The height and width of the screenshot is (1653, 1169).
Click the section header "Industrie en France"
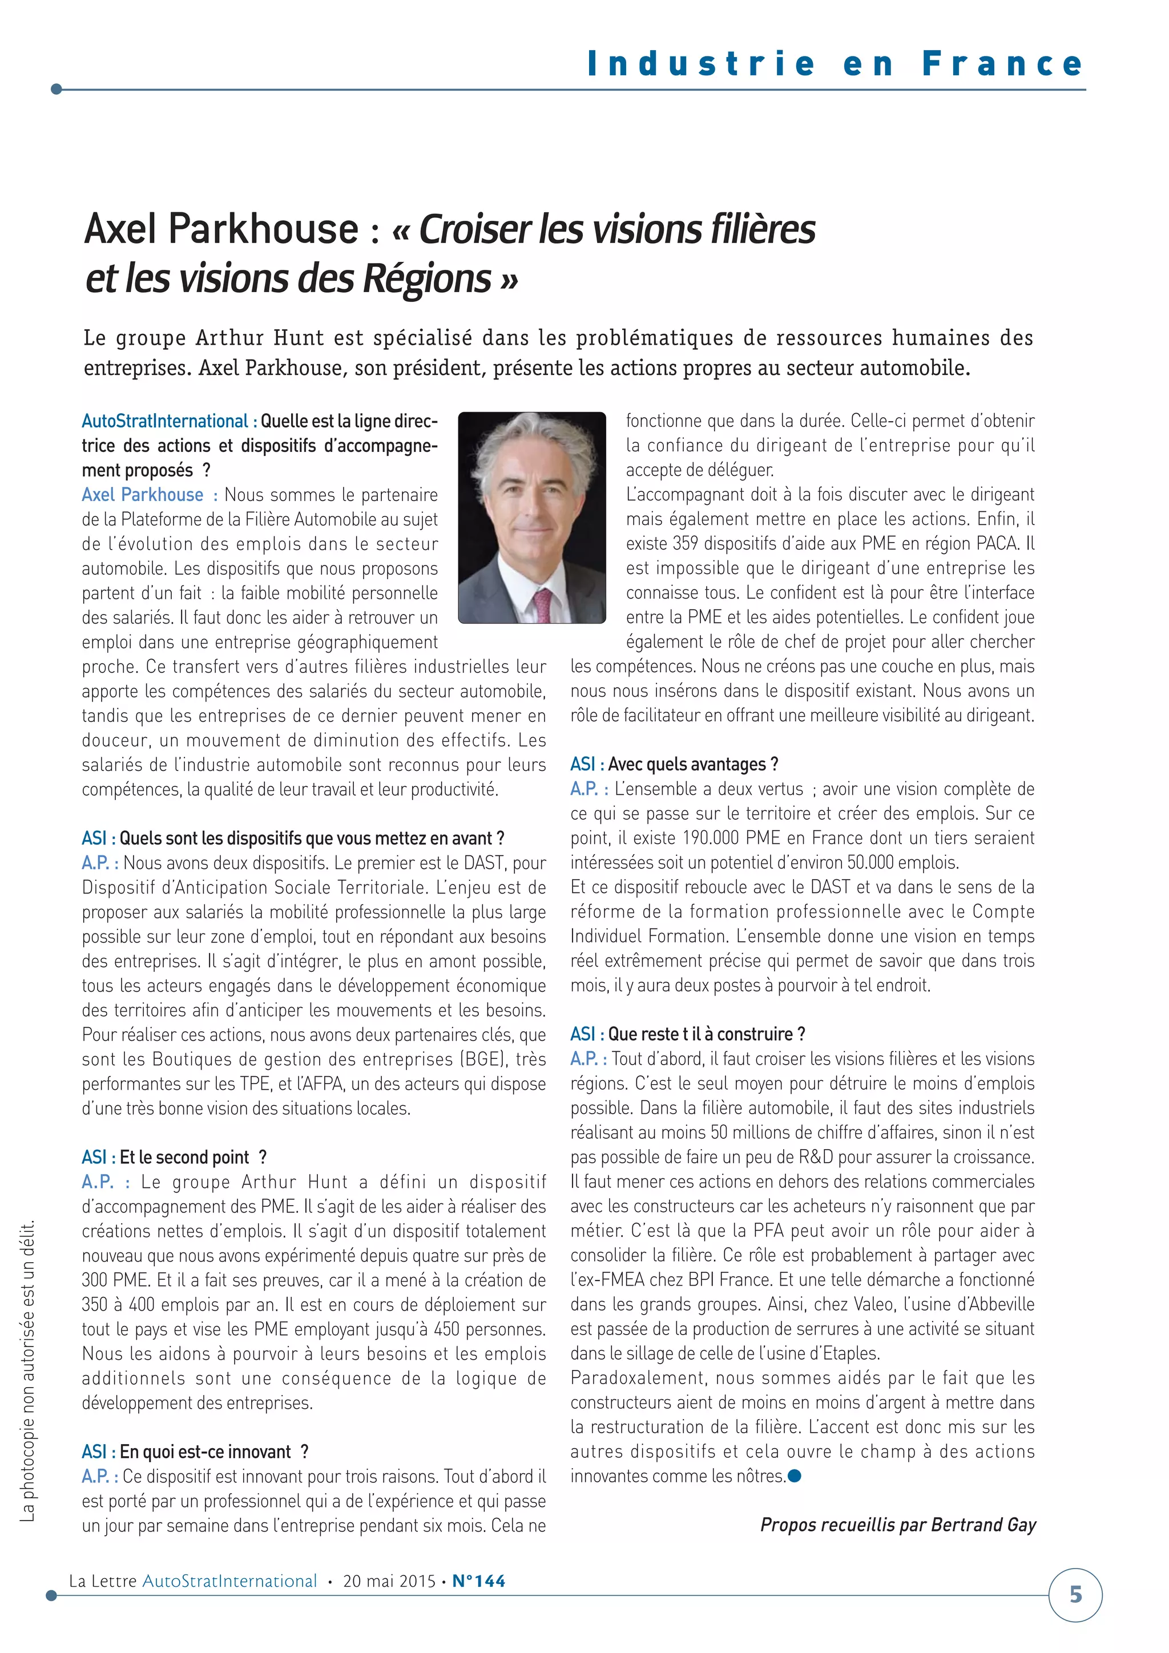tap(836, 63)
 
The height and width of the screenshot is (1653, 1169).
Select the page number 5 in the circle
tap(1075, 1594)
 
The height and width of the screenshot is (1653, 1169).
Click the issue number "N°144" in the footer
tap(479, 1581)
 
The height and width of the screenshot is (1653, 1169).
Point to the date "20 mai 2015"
tap(389, 1581)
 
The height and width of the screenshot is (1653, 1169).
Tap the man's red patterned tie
tap(542, 605)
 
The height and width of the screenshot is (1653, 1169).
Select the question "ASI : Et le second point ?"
tap(174, 1157)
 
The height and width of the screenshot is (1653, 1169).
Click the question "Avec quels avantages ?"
tap(693, 764)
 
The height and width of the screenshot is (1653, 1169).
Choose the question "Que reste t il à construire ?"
tap(706, 1034)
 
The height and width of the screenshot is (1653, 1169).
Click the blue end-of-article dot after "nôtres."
tap(795, 1476)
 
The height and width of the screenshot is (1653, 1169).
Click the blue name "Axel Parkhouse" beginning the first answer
tap(143, 495)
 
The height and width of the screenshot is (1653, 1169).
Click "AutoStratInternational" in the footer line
tap(230, 1581)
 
